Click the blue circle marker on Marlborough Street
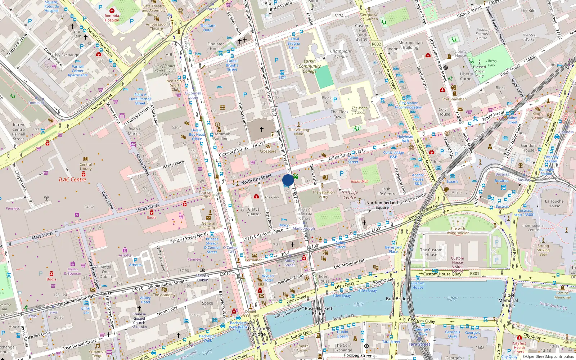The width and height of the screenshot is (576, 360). (288, 180)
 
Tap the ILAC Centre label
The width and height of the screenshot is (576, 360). (72, 179)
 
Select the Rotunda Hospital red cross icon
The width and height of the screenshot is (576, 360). (112, 11)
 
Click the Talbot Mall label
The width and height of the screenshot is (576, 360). (359, 181)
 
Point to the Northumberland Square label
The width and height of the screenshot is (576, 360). (382, 205)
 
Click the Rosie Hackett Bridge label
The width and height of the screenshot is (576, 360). (319, 311)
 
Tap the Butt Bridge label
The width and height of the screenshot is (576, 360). (397, 299)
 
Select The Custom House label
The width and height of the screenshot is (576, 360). (431, 252)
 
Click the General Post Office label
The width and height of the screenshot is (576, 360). (208, 225)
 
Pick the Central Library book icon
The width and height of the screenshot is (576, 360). (86, 159)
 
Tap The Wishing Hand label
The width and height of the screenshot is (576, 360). (298, 132)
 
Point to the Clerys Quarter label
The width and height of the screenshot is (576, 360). (253, 211)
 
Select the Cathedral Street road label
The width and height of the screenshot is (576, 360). (234, 151)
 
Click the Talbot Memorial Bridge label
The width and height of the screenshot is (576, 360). (508, 300)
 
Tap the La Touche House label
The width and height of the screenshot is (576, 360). (554, 204)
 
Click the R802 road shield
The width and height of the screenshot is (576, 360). (376, 44)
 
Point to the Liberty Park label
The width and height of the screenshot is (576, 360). (491, 63)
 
